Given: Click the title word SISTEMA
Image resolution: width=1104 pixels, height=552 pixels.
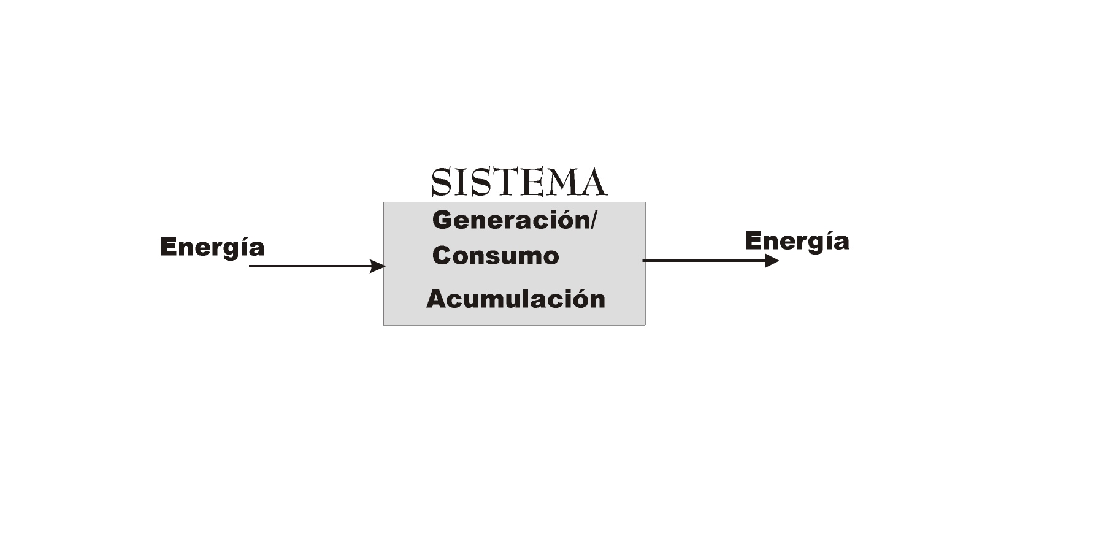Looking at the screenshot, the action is [x=519, y=182].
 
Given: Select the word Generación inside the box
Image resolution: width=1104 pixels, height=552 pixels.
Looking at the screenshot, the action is [x=511, y=220].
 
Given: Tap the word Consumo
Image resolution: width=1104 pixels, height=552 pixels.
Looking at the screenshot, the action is [x=496, y=256].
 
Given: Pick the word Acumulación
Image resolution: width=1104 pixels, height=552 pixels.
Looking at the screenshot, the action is [x=516, y=299].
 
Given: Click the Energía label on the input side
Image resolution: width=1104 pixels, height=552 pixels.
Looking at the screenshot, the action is [x=212, y=247].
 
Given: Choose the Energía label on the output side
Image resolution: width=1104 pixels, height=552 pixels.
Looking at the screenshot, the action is [x=797, y=241].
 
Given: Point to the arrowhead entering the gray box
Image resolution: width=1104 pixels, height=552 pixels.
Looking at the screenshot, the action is [x=378, y=266].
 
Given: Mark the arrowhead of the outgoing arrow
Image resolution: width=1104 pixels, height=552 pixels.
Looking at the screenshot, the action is [x=772, y=261].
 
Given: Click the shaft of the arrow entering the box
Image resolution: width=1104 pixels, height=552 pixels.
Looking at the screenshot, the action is [x=310, y=266].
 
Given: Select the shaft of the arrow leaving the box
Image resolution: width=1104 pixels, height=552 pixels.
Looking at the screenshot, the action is [x=704, y=261].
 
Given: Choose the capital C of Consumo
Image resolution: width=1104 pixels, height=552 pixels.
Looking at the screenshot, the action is [x=442, y=256].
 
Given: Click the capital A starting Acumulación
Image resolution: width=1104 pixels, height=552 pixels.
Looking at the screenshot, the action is [x=437, y=299].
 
